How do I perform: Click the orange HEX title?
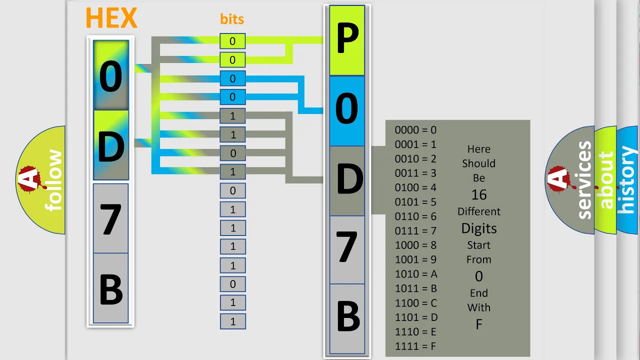point(111,18)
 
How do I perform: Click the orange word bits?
point(232,19)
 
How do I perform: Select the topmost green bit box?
point(232,41)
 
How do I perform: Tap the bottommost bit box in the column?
point(233,321)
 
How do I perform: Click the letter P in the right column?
point(347,40)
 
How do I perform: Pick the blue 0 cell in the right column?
point(347,111)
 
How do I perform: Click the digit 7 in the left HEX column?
point(110,218)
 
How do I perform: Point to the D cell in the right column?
point(347,181)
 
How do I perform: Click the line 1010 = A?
point(416,274)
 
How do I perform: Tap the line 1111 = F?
point(415,346)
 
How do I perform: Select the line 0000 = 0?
point(415,130)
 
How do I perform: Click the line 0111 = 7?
point(415,231)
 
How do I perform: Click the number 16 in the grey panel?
point(479,195)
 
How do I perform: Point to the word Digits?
point(479,228)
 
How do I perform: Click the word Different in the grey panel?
point(479,211)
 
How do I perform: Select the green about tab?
point(605,180)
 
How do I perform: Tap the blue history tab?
point(627,180)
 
